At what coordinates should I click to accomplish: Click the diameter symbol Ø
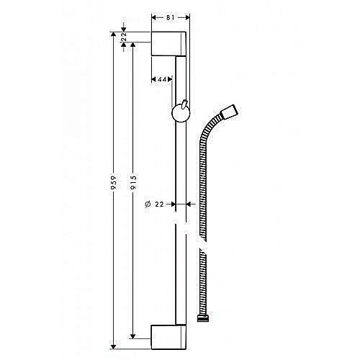pos(147,204)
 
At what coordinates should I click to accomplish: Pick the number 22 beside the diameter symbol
pos(161,204)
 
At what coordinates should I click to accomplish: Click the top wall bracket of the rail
pos(170,44)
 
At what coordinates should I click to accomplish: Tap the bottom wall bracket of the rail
pos(170,336)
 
